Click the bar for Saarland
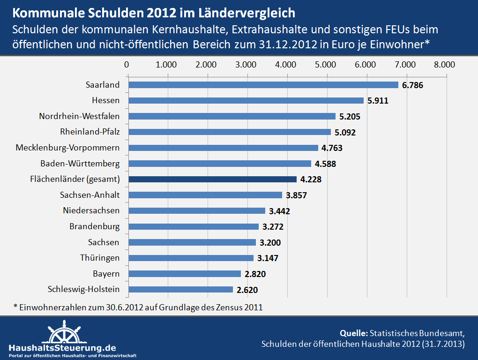point(263,85)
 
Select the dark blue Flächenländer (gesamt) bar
point(213,179)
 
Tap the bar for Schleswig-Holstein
point(181,289)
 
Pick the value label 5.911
point(378,101)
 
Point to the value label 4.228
point(311,180)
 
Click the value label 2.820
point(255,274)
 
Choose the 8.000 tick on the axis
point(445,64)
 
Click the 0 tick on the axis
point(127,64)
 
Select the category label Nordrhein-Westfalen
point(79,116)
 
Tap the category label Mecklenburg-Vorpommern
point(67,148)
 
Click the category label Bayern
point(106,273)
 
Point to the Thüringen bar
point(191,258)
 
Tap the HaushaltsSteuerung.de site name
point(62,348)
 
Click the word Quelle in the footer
point(353,333)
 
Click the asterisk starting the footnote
point(15,307)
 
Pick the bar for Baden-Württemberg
point(220,164)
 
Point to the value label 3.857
point(296,195)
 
